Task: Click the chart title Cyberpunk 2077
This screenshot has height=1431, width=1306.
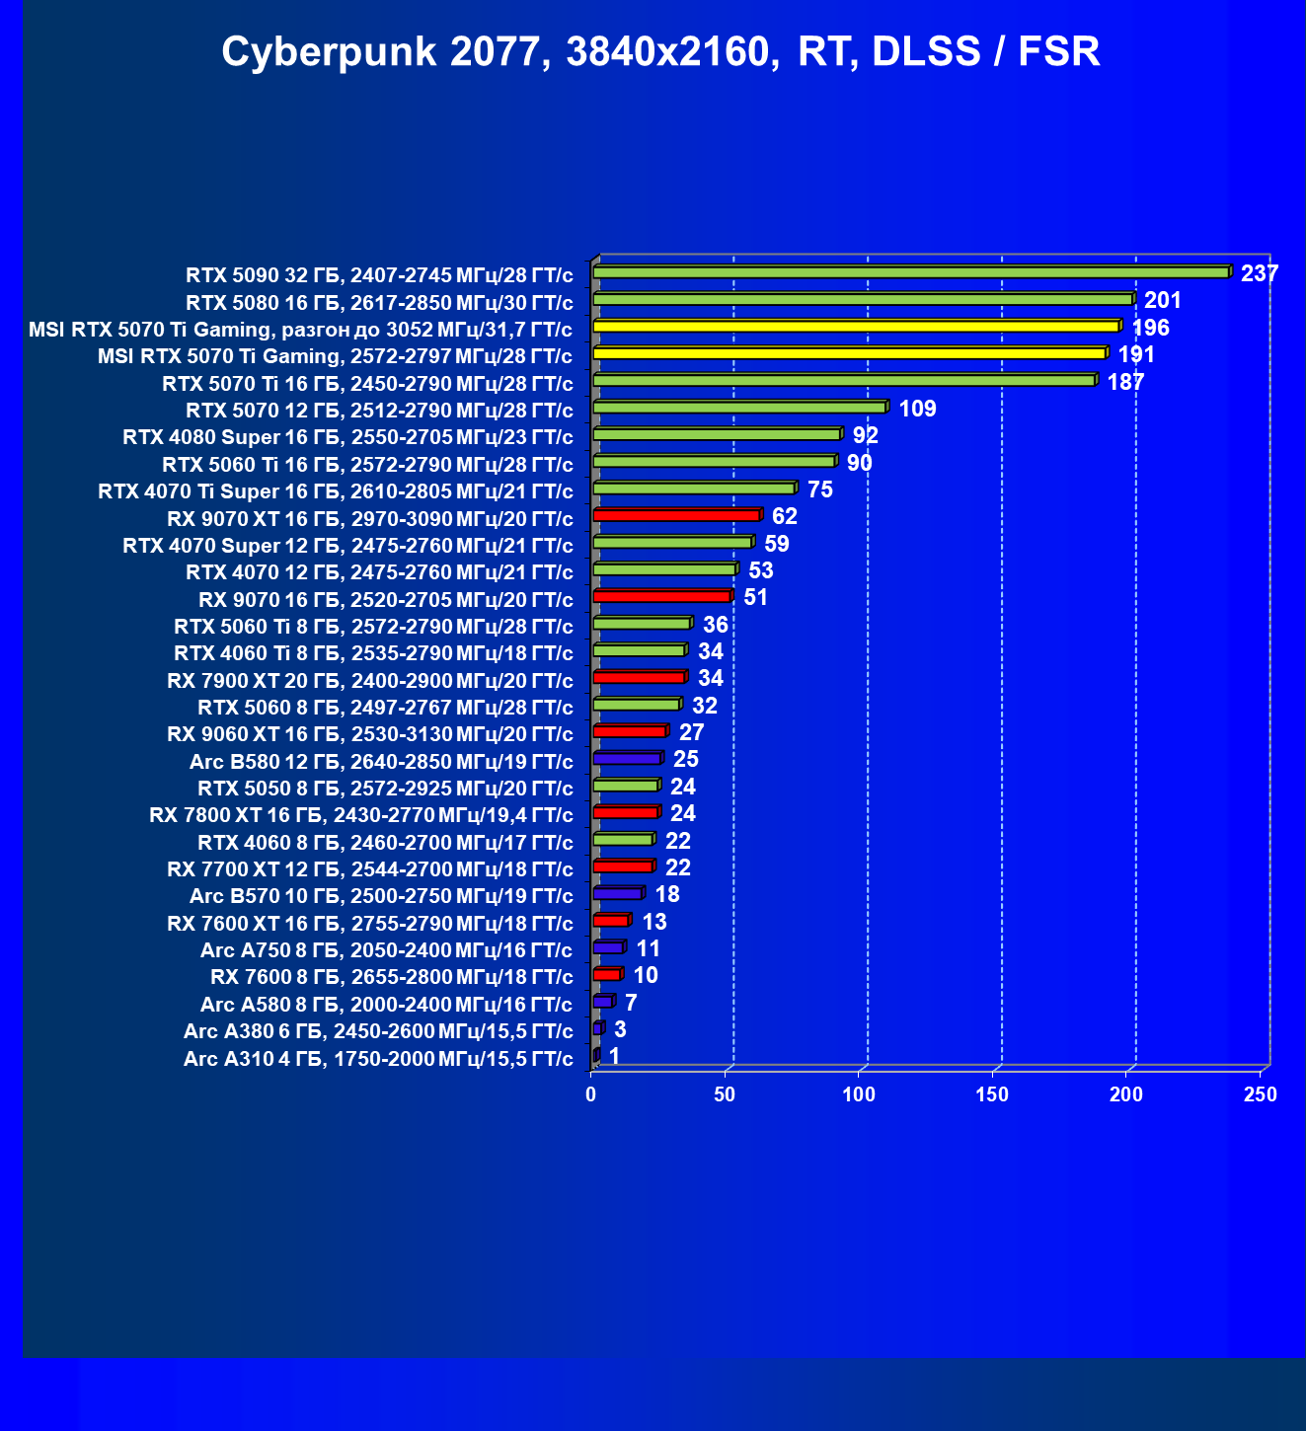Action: [x=660, y=51]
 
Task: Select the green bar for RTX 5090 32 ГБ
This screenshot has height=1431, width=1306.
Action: [x=910, y=272]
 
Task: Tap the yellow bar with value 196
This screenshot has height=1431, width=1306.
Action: [x=856, y=327]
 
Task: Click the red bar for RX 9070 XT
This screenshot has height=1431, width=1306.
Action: [x=675, y=515]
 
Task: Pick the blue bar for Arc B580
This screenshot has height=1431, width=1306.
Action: [x=627, y=758]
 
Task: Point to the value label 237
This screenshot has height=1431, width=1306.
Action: [x=1260, y=273]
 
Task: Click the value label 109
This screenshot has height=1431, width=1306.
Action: [x=917, y=409]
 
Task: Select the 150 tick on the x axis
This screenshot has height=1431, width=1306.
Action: [x=992, y=1094]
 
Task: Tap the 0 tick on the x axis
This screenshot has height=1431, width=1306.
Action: [x=591, y=1094]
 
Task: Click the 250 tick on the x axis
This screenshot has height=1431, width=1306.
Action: [x=1261, y=1094]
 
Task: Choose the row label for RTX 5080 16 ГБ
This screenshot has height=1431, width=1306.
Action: [x=379, y=302]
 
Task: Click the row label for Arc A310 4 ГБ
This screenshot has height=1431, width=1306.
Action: [x=378, y=1059]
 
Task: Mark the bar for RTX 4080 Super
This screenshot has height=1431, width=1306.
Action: [x=717, y=434]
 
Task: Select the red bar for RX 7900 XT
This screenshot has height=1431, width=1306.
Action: [x=639, y=677]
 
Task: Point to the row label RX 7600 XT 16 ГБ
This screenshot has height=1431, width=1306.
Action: [x=370, y=924]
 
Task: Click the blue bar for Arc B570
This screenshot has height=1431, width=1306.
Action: [x=617, y=893]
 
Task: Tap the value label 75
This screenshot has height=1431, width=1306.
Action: [x=819, y=490]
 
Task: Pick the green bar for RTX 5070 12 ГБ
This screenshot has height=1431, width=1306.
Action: [x=739, y=407]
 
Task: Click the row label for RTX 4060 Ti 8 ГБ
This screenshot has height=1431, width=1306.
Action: [x=373, y=653]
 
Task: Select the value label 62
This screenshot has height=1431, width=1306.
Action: [x=784, y=516]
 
